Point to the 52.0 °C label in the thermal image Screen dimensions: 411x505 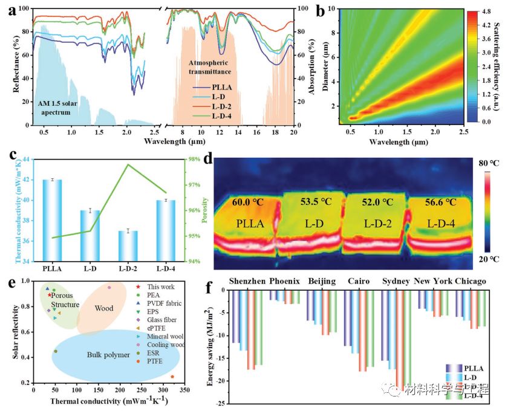(x=376, y=202)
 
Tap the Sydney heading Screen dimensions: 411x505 (x=396, y=282)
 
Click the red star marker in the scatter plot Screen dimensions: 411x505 (x=50, y=294)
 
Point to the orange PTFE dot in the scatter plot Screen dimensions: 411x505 (x=172, y=377)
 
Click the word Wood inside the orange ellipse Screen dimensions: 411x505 (x=105, y=308)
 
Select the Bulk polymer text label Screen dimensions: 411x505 (x=109, y=355)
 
